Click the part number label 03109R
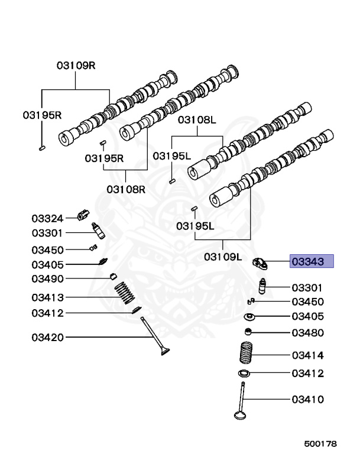pos(76,66)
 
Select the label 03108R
pos(126,189)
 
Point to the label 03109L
pos(223,257)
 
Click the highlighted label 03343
pos(312,261)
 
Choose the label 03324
pos(47,219)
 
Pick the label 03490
pos(47,278)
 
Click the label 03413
pos(47,297)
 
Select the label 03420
pos(47,338)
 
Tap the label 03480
pos(307,333)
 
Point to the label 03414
pos(307,355)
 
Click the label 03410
pos(307,400)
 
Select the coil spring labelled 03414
pos(247,354)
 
